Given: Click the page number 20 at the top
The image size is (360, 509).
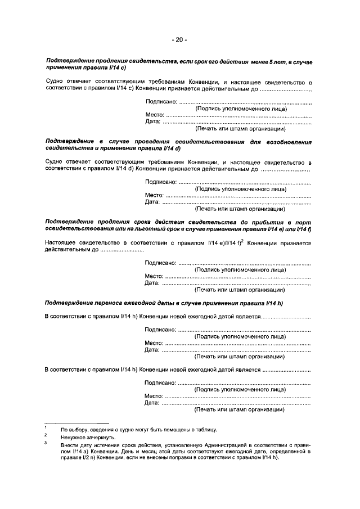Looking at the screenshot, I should click(179, 40).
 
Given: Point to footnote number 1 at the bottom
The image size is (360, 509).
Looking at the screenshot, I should click(46, 429).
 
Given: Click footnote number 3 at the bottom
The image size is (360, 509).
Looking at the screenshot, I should click(46, 443).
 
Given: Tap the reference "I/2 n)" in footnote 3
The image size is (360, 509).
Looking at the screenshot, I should click(82, 457).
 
